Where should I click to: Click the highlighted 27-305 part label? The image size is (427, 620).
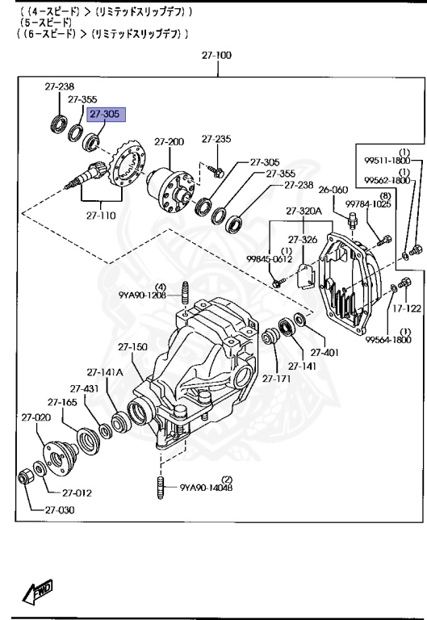[104, 115]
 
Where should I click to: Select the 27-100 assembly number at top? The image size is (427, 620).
[216, 56]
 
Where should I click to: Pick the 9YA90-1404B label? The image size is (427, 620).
[207, 487]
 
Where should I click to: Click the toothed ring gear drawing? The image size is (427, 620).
[128, 166]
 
